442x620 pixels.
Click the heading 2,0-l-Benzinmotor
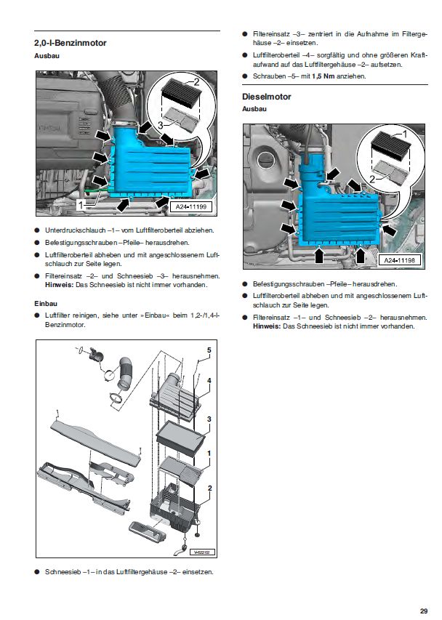coord(70,44)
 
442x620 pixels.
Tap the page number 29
coord(423,610)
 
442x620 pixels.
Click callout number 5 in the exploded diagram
coord(208,350)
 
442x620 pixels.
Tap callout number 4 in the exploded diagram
coord(209,381)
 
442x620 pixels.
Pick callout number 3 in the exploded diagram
coord(209,419)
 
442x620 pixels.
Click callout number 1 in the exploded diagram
coord(209,454)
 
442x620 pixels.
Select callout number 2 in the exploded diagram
coord(209,488)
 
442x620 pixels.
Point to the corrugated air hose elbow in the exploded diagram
coord(125,371)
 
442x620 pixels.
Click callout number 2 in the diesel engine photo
coord(372,178)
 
